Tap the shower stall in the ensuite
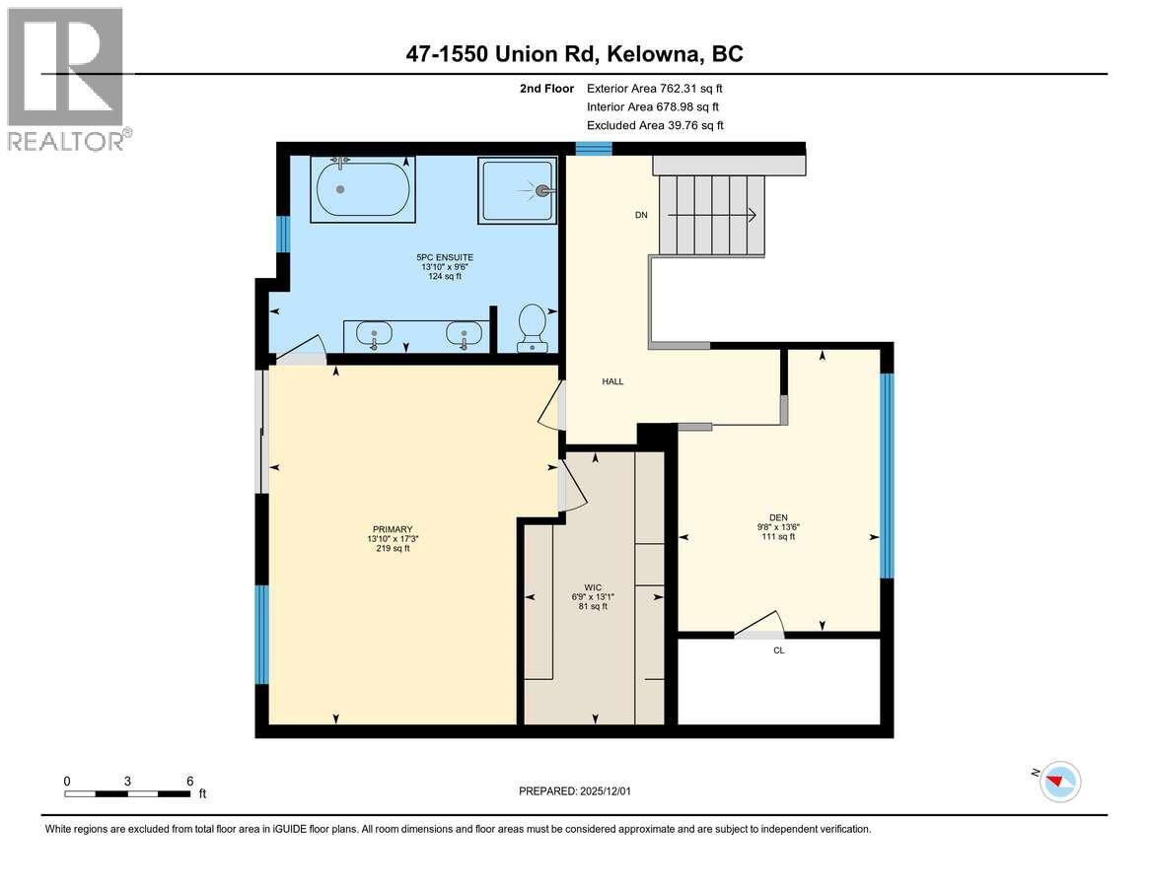(x=517, y=191)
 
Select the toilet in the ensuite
(x=534, y=327)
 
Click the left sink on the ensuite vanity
(x=375, y=336)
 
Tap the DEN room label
(x=778, y=516)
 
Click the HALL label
(x=612, y=381)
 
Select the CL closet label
(x=779, y=650)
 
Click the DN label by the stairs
(x=641, y=216)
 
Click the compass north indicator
(x=1059, y=782)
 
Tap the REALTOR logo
(x=67, y=79)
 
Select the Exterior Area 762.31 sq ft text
(x=655, y=89)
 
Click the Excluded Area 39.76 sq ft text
(x=655, y=125)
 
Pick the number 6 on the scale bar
(x=189, y=781)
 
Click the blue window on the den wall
(x=887, y=476)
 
